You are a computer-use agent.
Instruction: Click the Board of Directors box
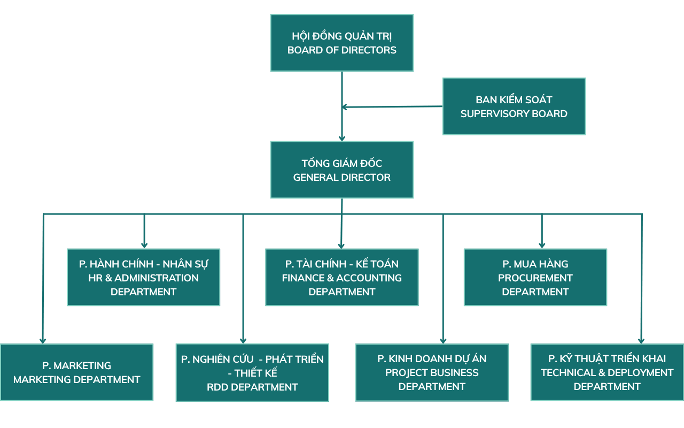pos(342,43)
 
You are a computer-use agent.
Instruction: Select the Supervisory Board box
pos(514,106)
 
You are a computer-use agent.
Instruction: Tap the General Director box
pos(342,170)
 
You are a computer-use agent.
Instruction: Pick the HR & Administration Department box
pos(143,277)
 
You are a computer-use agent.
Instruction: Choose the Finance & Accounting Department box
pos(342,277)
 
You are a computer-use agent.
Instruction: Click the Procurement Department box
pos(535,277)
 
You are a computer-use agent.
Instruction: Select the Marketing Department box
pos(76,372)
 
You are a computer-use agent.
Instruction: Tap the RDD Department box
pos(252,372)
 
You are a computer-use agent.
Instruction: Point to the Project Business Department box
pos(432,372)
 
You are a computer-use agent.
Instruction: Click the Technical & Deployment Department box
pos(607,372)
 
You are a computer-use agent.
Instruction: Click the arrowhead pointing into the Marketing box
pos(43,340)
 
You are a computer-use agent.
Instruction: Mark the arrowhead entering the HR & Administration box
pos(144,245)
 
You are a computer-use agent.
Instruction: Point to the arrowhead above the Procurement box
pos(542,245)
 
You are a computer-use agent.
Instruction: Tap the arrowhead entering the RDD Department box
pos(243,340)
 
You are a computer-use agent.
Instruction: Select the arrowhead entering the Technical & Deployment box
pos(641,340)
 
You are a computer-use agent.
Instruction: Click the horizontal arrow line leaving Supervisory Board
pos(393,107)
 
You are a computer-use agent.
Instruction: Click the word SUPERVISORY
pos(495,113)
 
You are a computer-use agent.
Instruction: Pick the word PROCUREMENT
pos(535,278)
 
